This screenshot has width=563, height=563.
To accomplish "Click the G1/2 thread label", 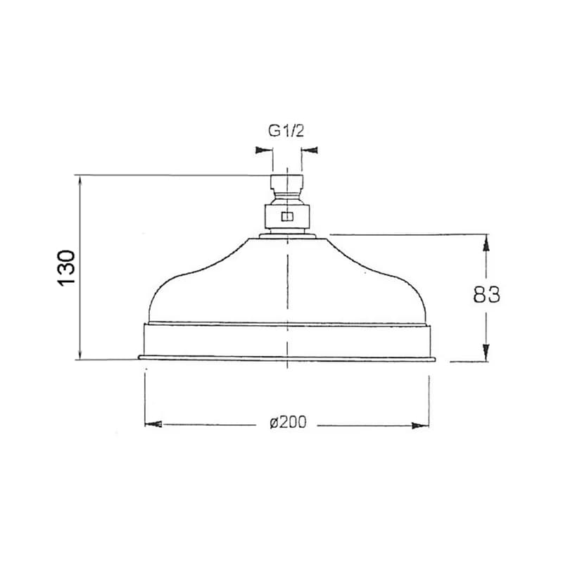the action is pos(286,132).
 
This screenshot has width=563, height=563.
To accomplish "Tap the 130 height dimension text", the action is pos(66,268).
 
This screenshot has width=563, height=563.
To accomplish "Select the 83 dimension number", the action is pos(486,295).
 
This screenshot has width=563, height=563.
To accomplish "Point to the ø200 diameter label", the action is pos(289,423).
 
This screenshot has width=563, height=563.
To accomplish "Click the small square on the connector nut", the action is pos(287,217).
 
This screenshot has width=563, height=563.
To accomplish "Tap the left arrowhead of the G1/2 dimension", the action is pos(263,150).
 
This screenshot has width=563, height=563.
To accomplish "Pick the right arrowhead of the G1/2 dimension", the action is pos(309,150).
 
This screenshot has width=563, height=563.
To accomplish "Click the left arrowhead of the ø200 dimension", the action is pos(153,424).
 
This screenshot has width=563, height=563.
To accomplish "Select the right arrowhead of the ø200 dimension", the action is pos(420,426).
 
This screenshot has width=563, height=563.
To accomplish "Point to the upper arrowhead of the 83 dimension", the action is pos(486,244).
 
